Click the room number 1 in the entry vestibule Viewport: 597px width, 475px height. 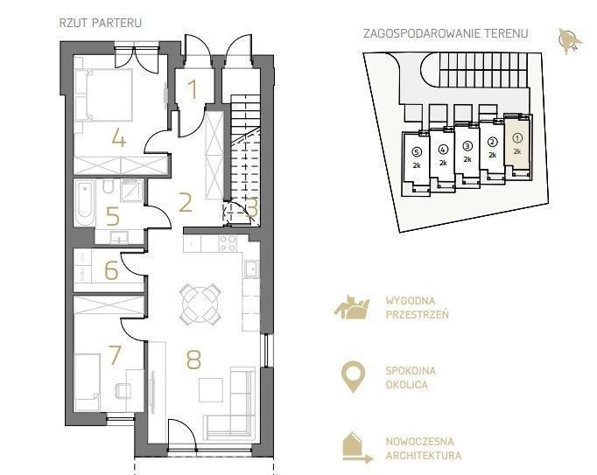[x=193, y=89]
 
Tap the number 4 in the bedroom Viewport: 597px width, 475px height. [x=119, y=137]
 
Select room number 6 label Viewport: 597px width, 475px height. [x=111, y=270]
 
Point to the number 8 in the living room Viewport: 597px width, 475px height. [x=193, y=360]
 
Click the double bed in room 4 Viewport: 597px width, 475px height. [x=103, y=94]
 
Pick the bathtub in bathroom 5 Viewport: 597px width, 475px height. [x=85, y=203]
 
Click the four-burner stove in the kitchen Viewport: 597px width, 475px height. [x=228, y=243]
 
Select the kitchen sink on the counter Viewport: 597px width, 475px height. [x=251, y=269]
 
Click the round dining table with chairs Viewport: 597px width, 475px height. [x=200, y=304]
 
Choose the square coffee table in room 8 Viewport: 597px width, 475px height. [x=211, y=390]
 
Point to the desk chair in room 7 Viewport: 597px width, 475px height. [x=123, y=391]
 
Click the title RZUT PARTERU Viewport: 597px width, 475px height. [x=101, y=23]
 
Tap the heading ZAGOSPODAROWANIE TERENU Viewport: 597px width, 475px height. [x=446, y=33]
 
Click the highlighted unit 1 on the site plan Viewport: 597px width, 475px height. [x=517, y=143]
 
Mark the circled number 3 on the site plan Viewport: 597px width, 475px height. [x=467, y=146]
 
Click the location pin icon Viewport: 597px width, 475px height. [x=353, y=377]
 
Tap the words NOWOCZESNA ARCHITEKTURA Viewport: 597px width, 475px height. [x=424, y=449]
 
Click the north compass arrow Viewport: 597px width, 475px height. [x=569, y=41]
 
